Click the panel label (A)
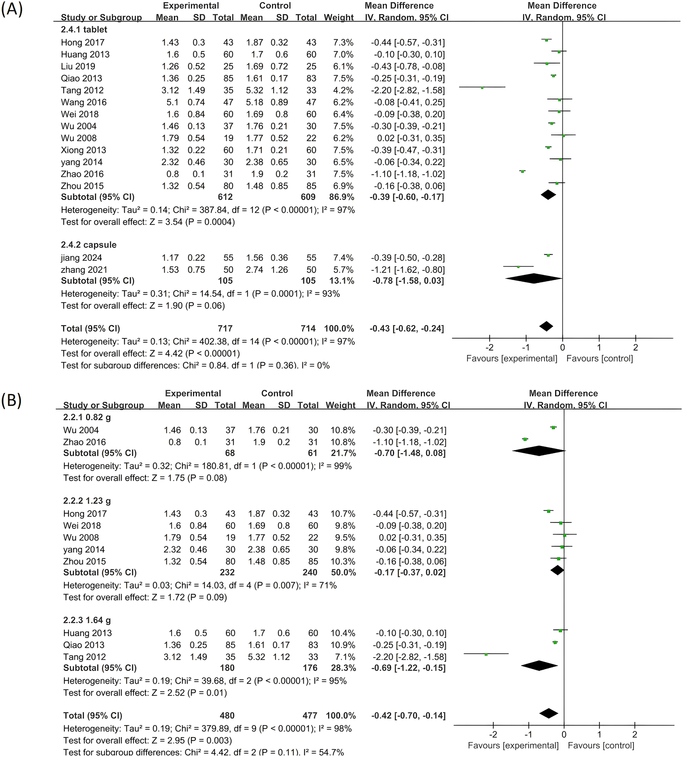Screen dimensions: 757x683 pos(12,9)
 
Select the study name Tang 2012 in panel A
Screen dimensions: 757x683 pos(82,90)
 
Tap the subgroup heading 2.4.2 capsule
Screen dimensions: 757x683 pos(89,245)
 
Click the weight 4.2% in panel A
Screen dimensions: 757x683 pos(343,90)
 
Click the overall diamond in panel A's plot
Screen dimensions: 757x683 pos(546,326)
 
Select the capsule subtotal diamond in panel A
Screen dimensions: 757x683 pos(534,279)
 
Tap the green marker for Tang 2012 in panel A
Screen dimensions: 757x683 pos(482,88)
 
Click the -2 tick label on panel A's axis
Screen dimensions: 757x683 pos(489,347)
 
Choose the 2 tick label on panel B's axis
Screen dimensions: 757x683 pos(635,734)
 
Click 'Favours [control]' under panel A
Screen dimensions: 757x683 pos(599,359)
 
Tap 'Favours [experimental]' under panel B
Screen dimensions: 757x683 pos(513,745)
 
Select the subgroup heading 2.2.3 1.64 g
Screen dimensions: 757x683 pos(87,620)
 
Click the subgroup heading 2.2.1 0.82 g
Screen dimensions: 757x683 pos(87,417)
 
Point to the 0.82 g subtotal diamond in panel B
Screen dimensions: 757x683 pos(539,451)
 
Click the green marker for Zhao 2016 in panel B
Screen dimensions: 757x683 pos(525,439)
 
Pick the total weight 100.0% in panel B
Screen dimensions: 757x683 pos(341,715)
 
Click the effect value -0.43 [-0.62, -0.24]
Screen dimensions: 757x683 pos(407,329)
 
